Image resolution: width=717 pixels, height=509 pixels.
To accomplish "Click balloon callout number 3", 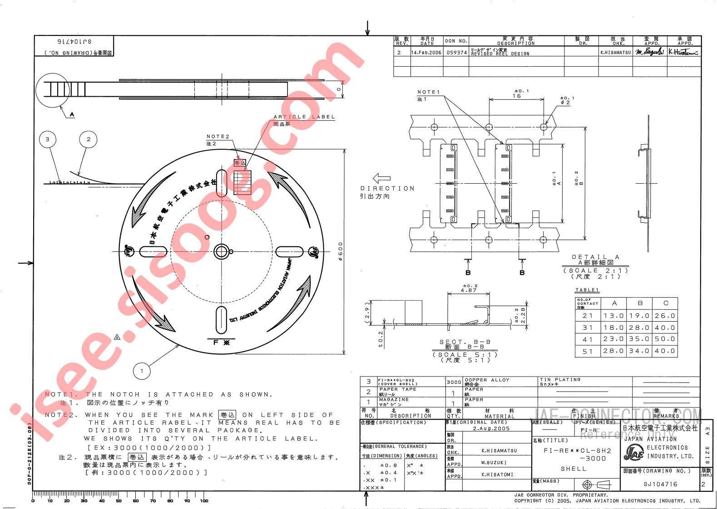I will [48, 139].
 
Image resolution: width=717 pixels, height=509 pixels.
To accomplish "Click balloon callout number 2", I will [89, 139].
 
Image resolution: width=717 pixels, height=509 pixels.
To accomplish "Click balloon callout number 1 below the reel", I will [142, 371].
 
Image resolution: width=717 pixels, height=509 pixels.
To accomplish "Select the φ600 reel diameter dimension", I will [341, 251].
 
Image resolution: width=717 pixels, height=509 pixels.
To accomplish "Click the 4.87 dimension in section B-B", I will [456, 290].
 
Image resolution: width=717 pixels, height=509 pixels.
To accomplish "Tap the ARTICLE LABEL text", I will [304, 117].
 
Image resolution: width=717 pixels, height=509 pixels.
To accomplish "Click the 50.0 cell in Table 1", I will [666, 339].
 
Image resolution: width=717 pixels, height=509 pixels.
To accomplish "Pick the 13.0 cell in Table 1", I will [614, 316].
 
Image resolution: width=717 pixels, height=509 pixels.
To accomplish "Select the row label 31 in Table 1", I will [588, 328].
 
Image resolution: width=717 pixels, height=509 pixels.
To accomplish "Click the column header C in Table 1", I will [666, 303].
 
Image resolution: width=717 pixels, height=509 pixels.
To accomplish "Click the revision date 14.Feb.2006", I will [426, 53].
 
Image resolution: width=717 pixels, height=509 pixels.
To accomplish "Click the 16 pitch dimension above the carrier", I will [517, 96].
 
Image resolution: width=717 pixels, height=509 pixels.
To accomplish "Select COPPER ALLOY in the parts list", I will [487, 380].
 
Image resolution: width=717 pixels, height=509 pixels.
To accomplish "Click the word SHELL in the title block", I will [574, 469].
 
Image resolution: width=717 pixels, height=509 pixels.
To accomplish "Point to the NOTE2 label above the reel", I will [218, 137].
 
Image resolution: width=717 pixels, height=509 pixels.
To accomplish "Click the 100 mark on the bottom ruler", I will [204, 501].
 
